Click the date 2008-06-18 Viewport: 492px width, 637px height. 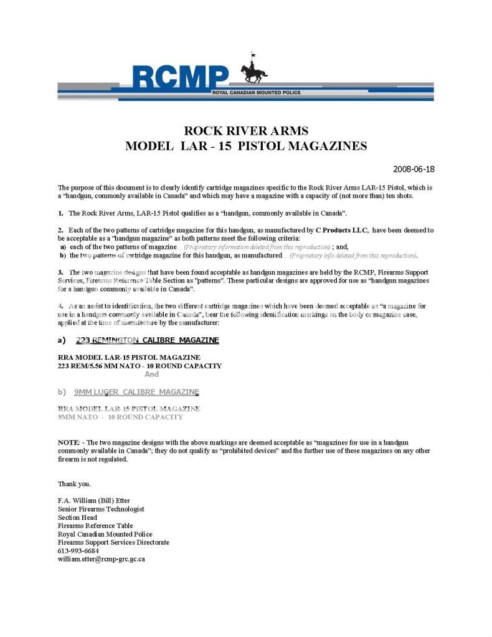414,169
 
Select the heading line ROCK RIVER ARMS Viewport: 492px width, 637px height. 246,131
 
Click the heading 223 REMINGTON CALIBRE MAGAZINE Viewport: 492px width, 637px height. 147,340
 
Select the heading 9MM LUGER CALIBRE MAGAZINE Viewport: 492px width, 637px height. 136,392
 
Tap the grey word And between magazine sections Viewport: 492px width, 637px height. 151,374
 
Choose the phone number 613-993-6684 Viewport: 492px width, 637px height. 78,551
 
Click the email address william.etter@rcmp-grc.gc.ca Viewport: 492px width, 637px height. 102,559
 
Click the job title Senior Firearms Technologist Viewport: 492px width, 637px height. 101,509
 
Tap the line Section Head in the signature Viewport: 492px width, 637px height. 77,517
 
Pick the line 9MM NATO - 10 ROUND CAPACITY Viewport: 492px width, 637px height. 120,417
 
